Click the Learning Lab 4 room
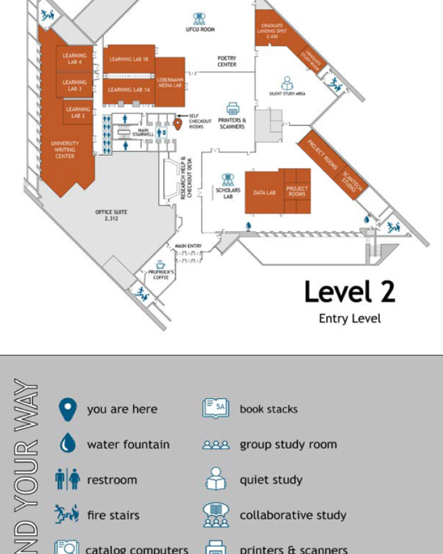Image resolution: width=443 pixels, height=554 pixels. click(x=75, y=59)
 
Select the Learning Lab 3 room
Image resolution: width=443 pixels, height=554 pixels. click(x=75, y=85)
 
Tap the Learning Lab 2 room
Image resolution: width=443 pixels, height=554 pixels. click(x=78, y=112)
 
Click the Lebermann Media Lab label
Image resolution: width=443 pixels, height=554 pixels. click(x=169, y=82)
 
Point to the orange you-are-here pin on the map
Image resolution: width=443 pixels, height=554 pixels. click(x=178, y=124)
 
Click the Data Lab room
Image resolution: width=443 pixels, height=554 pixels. click(x=264, y=192)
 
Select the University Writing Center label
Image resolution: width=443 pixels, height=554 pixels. click(x=65, y=150)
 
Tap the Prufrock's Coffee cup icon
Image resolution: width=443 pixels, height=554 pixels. click(x=161, y=264)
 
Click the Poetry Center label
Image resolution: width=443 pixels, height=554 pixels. click(x=226, y=61)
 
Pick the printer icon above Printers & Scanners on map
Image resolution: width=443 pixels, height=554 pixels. click(x=233, y=109)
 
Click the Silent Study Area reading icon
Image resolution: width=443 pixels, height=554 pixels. click(x=287, y=83)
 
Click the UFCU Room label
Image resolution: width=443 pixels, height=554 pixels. click(x=200, y=29)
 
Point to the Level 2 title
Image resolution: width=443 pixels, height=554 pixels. click(x=349, y=292)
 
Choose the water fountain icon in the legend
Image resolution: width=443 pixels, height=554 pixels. click(x=68, y=444)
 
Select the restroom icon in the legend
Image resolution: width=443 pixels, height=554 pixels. click(x=68, y=479)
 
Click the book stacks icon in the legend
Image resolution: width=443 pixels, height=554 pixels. click(x=215, y=409)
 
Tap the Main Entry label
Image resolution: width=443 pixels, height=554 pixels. click(x=188, y=246)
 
